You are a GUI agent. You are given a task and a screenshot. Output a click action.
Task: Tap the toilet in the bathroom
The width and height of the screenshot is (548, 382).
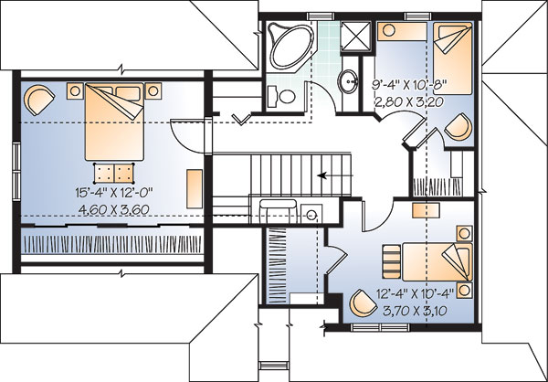click(x=282, y=96)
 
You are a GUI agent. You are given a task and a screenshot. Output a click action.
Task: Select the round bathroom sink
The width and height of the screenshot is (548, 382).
click(x=348, y=81)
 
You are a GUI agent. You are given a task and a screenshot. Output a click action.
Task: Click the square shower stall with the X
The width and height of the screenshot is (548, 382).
click(x=355, y=37)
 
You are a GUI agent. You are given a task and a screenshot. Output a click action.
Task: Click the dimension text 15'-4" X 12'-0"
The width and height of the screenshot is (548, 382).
click(x=114, y=192)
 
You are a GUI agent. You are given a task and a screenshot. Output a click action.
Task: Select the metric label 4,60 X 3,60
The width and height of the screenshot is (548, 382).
click(x=114, y=209)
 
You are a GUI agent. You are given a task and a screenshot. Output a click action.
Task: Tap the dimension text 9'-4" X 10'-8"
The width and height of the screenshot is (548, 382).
click(x=409, y=85)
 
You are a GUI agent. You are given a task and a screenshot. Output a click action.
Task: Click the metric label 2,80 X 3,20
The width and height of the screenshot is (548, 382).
click(x=409, y=101)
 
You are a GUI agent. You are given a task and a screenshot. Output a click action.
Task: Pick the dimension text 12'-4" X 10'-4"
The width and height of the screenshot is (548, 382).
click(x=415, y=293)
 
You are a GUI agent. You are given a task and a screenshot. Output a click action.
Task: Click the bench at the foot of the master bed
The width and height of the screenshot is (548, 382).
click(x=114, y=173)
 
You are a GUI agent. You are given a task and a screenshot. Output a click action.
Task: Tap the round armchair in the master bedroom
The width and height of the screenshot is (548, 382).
click(x=38, y=100)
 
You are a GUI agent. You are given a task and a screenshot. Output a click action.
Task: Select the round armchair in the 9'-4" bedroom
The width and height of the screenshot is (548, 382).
click(x=458, y=127)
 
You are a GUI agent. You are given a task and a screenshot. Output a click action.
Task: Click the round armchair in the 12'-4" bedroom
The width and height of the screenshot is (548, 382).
click(x=364, y=302)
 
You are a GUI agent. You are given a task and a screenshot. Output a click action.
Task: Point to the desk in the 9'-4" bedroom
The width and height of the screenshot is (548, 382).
click(x=402, y=31)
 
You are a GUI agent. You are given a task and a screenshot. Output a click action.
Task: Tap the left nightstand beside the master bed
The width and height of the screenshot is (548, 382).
click(x=75, y=91)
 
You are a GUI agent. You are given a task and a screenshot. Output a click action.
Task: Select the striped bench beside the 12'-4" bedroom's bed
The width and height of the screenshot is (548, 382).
click(x=392, y=261)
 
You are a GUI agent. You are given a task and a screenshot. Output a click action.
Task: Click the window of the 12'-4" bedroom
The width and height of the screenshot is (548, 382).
click(x=380, y=327)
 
